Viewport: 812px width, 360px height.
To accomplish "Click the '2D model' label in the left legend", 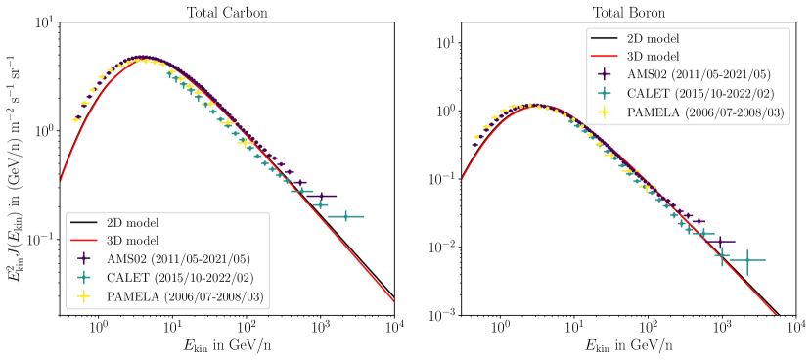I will (132, 222).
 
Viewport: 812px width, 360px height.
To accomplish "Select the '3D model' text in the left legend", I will (132, 241).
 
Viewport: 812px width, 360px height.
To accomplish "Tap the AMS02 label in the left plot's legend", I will (178, 259).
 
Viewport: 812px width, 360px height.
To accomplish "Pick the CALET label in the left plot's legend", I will (178, 278).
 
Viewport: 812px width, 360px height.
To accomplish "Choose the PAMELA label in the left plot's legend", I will (185, 296).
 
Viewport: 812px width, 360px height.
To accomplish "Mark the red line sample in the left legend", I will (84, 241).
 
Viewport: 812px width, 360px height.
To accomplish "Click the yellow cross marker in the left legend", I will (84, 296).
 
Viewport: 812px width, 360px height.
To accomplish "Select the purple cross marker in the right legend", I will (605, 75).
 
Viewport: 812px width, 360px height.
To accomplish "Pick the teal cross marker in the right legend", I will (605, 94).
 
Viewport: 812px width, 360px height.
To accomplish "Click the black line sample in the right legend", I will (605, 38).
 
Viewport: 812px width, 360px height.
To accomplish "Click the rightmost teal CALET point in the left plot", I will (345, 216).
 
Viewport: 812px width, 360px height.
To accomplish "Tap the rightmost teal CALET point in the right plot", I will (747, 259).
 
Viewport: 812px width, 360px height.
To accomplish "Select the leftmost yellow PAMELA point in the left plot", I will (75, 119).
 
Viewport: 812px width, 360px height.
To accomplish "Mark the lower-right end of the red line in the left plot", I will (393, 301).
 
